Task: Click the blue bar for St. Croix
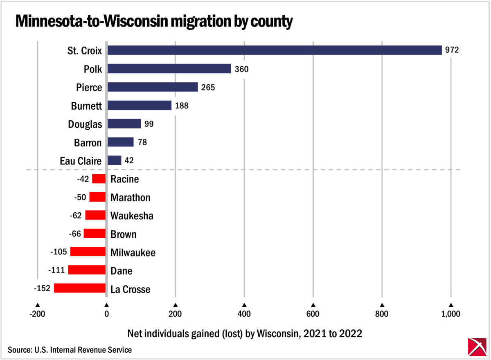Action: pos(274,50)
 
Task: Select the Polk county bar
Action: pos(169,69)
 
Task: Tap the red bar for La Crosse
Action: pos(80,288)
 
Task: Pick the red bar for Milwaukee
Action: pos(88,252)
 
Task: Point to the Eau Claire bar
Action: pos(114,160)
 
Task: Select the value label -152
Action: pos(42,288)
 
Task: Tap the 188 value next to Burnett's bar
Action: pos(182,106)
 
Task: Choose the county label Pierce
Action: pos(89,87)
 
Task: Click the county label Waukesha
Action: pos(132,216)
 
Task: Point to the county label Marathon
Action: pos(131,198)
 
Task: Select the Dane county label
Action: pos(122,271)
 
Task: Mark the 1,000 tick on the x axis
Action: pos(451,314)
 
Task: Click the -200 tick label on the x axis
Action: pos(37,314)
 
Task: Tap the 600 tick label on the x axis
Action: pos(313,314)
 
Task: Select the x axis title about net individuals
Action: pos(245,333)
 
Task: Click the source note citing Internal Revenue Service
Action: pos(70,350)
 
